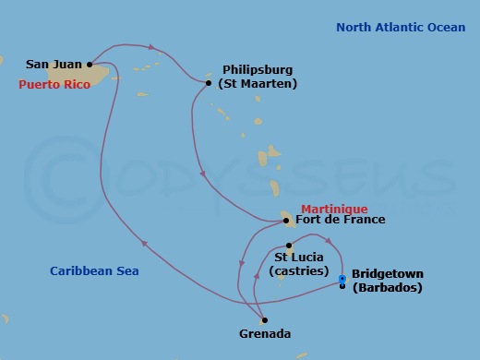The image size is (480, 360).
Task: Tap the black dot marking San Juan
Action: (90, 65)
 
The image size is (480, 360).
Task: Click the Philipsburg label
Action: (259, 69)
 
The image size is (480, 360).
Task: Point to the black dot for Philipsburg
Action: (209, 83)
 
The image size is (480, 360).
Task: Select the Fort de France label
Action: (341, 221)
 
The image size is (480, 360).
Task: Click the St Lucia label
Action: (299, 257)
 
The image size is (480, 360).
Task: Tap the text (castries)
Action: (298, 271)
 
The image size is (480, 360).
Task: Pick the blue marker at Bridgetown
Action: (342, 279)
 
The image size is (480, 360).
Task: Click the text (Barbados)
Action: (388, 288)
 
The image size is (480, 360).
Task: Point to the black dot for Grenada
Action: (265, 320)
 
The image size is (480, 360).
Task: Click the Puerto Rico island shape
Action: (102, 74)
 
